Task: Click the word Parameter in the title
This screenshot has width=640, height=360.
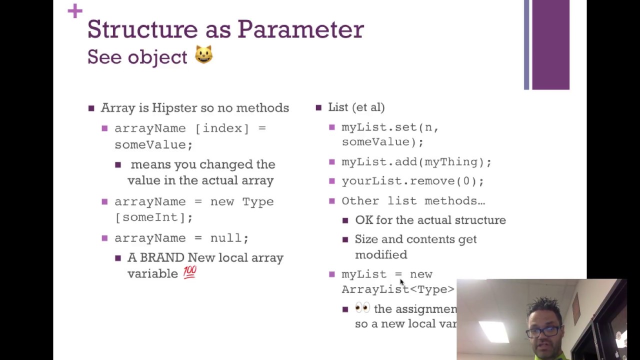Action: point(300,30)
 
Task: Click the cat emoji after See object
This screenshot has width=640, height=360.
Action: point(203,54)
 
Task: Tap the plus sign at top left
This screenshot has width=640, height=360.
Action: point(75,10)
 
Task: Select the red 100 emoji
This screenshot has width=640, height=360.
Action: point(190,272)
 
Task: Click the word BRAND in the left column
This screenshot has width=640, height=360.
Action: point(162,258)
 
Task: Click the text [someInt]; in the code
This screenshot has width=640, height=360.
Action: point(153,217)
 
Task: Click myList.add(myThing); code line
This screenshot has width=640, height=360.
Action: point(416,162)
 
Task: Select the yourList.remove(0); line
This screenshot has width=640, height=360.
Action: point(412,181)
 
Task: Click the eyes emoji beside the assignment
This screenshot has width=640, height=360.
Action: point(362,308)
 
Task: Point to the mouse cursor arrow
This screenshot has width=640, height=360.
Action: point(401,283)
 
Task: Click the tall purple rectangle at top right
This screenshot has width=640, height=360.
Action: point(550,45)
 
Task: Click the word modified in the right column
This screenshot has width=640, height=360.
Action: point(381,255)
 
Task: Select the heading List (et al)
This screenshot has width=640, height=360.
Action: point(356,107)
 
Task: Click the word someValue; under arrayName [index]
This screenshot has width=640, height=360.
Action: point(153,144)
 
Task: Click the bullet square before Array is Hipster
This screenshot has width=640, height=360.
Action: point(91,108)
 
